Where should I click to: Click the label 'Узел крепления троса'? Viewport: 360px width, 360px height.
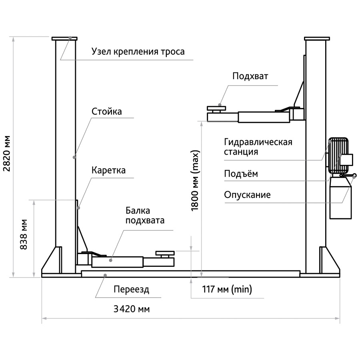(138, 52)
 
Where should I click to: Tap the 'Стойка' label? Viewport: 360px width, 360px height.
(106, 112)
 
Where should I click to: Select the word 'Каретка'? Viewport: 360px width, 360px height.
(108, 170)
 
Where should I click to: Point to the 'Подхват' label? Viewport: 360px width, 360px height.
(250, 76)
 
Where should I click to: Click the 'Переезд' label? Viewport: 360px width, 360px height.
(131, 289)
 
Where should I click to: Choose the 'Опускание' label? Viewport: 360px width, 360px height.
(247, 195)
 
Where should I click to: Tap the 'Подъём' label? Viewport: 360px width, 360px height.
(241, 174)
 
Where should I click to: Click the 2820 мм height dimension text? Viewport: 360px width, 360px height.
(7, 154)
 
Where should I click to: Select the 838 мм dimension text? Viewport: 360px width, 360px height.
(24, 234)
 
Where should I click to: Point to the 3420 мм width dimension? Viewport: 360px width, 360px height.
(132, 309)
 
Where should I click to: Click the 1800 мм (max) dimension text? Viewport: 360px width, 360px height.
(195, 181)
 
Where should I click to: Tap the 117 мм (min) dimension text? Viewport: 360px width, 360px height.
(227, 289)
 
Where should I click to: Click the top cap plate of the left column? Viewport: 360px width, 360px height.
(64, 38)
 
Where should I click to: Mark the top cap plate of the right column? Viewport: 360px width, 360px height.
(317, 38)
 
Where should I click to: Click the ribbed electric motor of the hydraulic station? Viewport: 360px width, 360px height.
(338, 156)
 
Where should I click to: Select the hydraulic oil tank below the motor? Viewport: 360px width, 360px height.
(340, 198)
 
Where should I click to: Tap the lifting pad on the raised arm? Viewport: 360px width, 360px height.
(216, 108)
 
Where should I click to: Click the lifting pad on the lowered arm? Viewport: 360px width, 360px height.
(165, 253)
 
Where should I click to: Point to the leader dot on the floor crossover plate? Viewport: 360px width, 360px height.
(105, 275)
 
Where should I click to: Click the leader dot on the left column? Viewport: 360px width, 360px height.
(74, 157)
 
